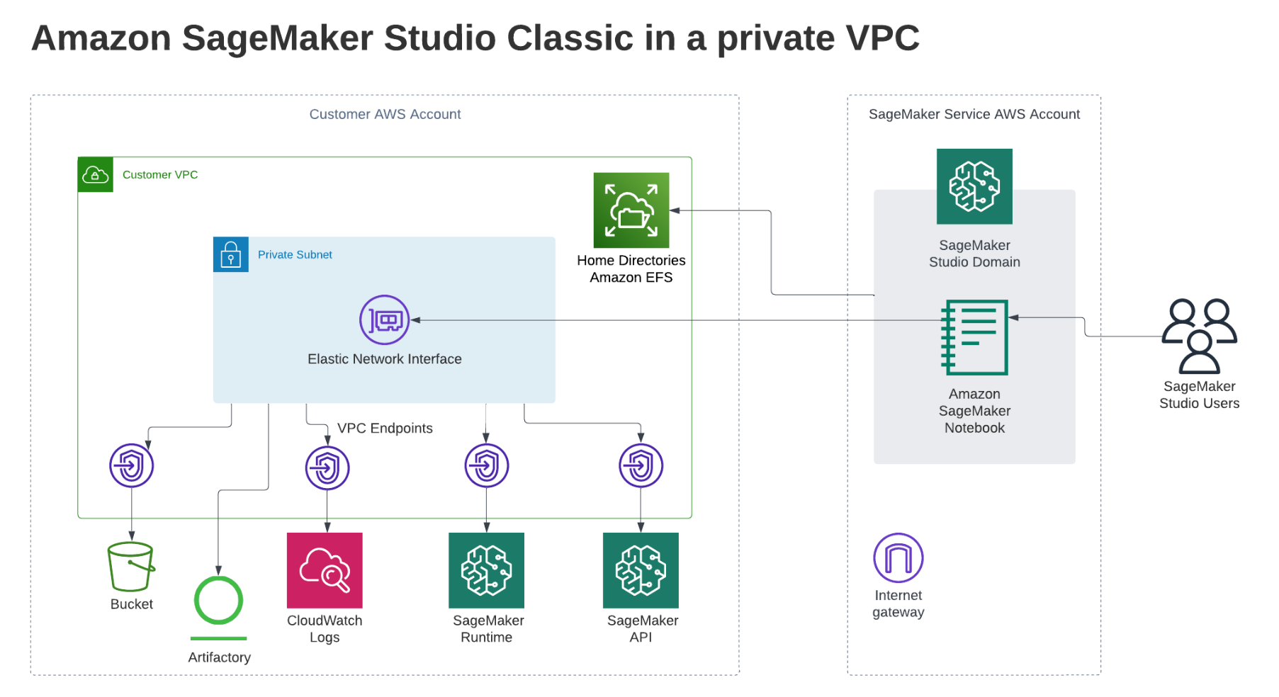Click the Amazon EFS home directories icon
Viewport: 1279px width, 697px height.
click(x=631, y=210)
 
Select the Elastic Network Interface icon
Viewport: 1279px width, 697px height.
click(x=384, y=320)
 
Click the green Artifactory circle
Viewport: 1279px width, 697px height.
click(x=218, y=601)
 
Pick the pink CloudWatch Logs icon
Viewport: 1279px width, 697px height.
click(x=325, y=570)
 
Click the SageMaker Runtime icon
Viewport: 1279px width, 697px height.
click(x=486, y=570)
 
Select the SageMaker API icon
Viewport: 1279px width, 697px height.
click(x=641, y=570)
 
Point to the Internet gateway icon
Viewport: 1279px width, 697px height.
click(x=898, y=558)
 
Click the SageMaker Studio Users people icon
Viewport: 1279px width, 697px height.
click(x=1199, y=336)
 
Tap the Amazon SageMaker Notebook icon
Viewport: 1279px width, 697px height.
click(x=974, y=337)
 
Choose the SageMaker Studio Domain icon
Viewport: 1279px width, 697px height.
click(x=974, y=186)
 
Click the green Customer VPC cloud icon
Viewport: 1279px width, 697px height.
click(x=95, y=174)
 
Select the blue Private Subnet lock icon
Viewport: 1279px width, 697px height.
click(x=231, y=254)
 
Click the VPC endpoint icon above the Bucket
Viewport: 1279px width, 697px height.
click(x=131, y=465)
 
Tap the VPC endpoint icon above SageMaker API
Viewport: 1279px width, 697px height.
click(x=641, y=465)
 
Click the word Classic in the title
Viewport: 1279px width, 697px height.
click(x=570, y=38)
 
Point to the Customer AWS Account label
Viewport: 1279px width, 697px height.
click(x=385, y=114)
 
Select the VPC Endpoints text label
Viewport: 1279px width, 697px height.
click(x=385, y=428)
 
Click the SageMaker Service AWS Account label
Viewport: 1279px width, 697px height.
click(x=974, y=114)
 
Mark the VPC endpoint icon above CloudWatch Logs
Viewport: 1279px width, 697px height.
click(x=327, y=467)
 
